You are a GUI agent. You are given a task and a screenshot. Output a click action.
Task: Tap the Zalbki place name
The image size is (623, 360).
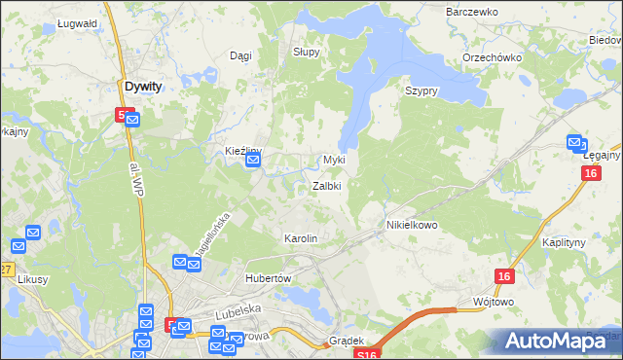click(326, 186)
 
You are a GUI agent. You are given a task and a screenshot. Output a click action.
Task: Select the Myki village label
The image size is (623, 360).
click(334, 160)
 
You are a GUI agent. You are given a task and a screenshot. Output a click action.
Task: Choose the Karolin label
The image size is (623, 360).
click(300, 238)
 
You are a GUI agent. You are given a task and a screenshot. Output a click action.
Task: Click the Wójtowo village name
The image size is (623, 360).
click(492, 303)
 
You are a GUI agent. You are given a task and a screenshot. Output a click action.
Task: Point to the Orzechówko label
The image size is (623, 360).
click(493, 57)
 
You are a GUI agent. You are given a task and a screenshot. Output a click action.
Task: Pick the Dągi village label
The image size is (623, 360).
click(239, 56)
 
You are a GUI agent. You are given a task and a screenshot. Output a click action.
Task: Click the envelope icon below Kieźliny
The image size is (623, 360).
click(253, 161)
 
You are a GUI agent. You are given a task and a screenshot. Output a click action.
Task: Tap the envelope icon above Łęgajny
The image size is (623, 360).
click(574, 142)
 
